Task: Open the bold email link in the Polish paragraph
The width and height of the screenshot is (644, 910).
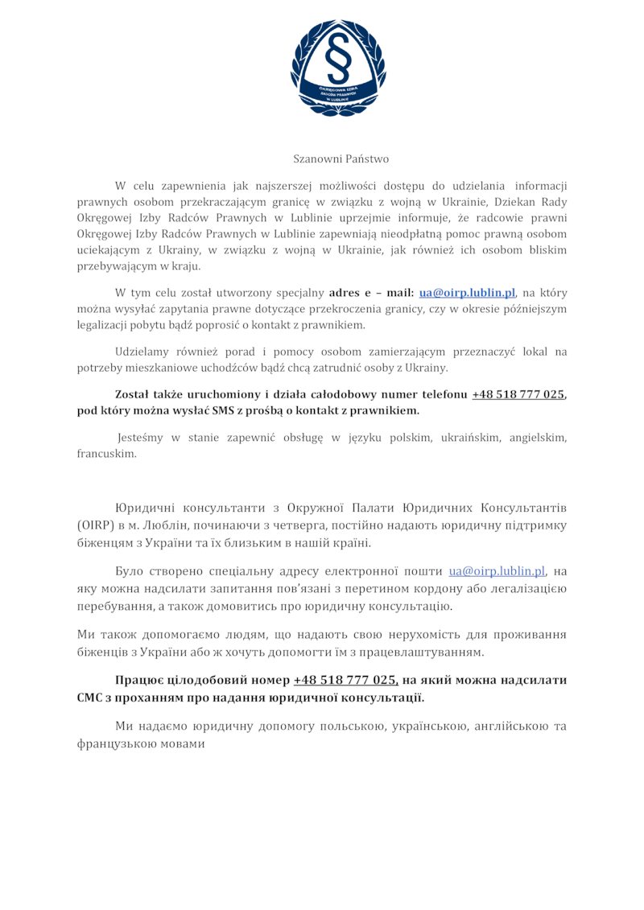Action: (467, 292)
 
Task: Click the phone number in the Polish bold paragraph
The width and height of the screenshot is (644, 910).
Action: (518, 394)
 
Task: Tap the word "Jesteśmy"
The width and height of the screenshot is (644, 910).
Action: (143, 437)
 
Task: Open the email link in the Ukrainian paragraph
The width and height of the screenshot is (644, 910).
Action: (497, 571)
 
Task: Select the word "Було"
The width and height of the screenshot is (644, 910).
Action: (130, 571)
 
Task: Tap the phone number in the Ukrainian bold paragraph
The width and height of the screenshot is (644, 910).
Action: (345, 680)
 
